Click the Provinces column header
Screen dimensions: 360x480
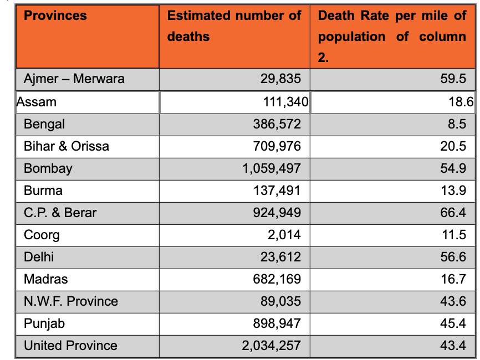(55, 16)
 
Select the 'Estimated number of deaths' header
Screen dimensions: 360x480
(234, 26)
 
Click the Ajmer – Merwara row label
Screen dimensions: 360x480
(74, 79)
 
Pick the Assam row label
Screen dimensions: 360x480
(37, 102)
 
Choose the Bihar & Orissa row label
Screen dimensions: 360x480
(67, 146)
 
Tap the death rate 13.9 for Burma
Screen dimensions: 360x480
(453, 191)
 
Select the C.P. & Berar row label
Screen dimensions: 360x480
(60, 213)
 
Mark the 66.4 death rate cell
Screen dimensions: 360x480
(453, 213)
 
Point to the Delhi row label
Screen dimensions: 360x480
(39, 257)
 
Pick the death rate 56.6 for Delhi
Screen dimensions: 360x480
(453, 257)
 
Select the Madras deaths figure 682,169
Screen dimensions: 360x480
(277, 279)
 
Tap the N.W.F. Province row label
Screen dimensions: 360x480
(71, 301)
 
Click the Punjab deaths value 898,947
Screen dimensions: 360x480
(277, 323)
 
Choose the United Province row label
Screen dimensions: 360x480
(70, 346)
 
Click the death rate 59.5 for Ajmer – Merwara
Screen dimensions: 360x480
(453, 79)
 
